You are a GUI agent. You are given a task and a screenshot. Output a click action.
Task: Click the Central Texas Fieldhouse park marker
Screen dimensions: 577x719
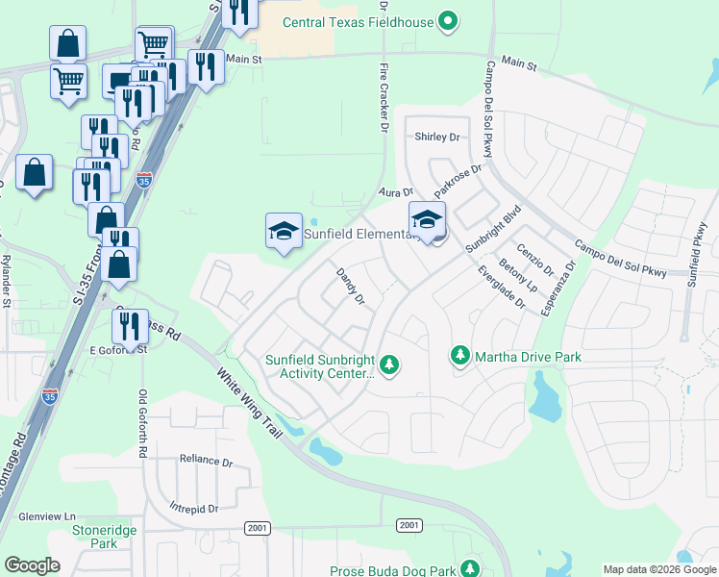pyautogui.click(x=447, y=19)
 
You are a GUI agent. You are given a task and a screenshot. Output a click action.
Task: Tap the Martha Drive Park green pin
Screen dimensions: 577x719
pyautogui.click(x=460, y=357)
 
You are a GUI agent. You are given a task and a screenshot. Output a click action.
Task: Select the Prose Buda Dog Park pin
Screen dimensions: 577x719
pyautogui.click(x=469, y=569)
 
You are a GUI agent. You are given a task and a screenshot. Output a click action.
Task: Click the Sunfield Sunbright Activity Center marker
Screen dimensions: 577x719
pyautogui.click(x=389, y=364)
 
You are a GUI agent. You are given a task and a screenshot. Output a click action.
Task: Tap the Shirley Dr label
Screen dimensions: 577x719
pyautogui.click(x=437, y=138)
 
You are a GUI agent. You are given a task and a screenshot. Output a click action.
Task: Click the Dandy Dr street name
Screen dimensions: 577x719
pyautogui.click(x=350, y=287)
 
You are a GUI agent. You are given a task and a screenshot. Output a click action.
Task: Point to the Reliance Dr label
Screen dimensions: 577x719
pyautogui.click(x=206, y=462)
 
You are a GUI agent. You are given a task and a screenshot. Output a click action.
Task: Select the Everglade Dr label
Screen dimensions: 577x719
pyautogui.click(x=504, y=288)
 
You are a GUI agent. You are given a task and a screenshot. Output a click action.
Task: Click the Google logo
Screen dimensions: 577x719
pyautogui.click(x=32, y=565)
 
